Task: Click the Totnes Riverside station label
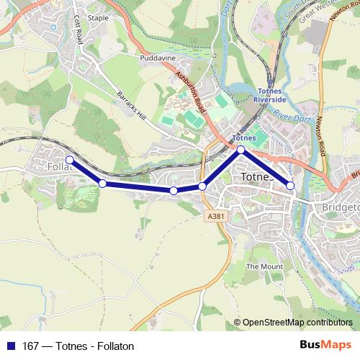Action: (271, 94)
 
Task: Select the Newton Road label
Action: (320, 137)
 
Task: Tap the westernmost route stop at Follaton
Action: (70, 160)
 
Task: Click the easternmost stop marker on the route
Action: (291, 186)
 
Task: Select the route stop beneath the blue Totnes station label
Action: (241, 150)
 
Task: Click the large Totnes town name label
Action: (256, 177)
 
